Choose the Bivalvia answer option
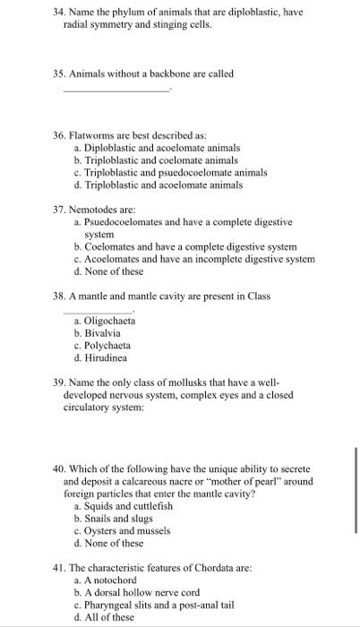pos(101,333)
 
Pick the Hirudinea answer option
pos(105,358)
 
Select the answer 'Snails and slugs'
pos(114,519)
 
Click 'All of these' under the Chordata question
pos(109,617)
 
